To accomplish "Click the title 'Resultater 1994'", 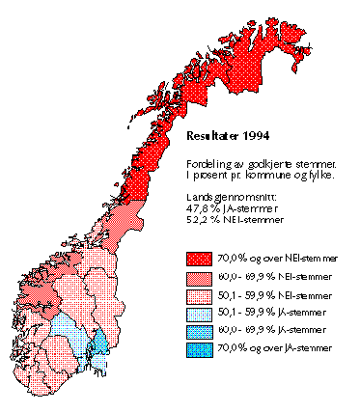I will [229, 137].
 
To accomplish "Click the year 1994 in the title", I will [258, 137].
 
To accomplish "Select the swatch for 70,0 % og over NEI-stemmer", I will [199, 259].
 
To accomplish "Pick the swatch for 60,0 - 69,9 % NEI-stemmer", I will [199, 277].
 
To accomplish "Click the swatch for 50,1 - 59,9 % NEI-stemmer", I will [199, 295].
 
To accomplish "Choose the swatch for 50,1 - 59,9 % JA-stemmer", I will [199, 314].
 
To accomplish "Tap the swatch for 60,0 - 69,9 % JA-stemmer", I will [199, 332].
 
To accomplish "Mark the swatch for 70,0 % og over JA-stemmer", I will [199, 350].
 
